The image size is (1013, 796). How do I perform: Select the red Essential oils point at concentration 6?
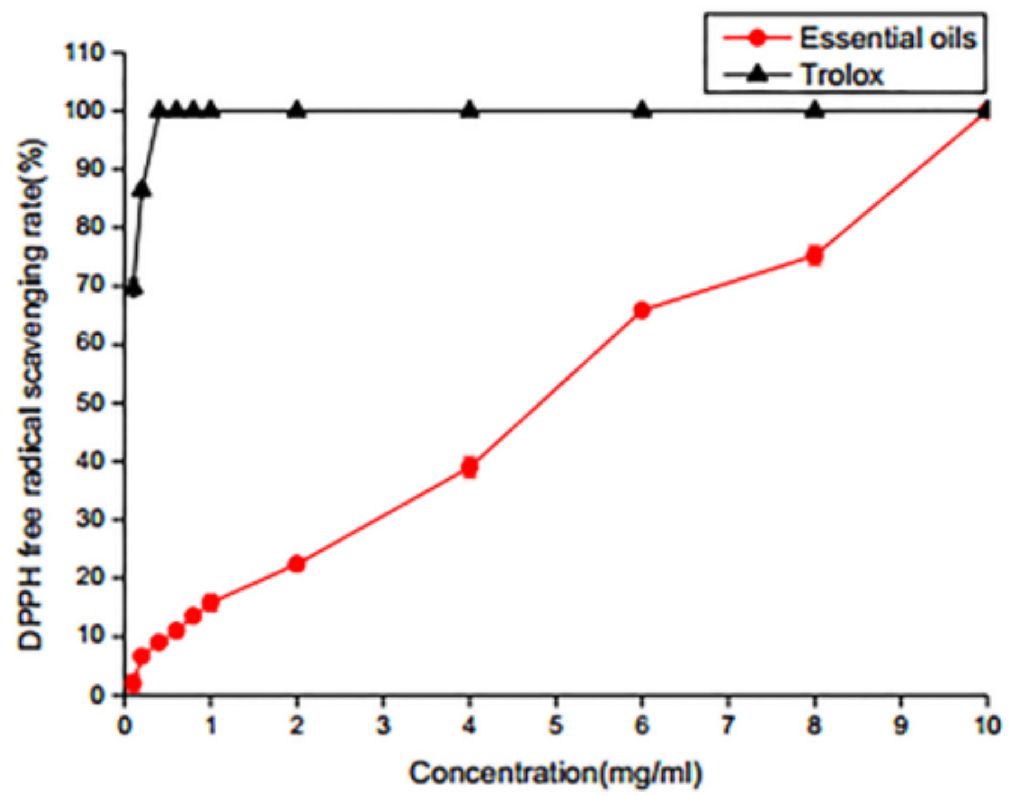tap(642, 310)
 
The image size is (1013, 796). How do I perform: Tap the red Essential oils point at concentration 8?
tap(815, 256)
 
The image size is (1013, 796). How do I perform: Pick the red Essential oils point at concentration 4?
tap(470, 466)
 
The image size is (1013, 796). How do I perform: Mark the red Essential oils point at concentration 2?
tap(297, 563)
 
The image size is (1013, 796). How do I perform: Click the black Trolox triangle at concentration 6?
tap(642, 110)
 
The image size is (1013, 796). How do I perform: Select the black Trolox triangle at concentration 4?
tap(470, 110)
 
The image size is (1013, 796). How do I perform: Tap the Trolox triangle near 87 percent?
tap(142, 189)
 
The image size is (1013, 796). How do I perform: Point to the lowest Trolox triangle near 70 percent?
tap(133, 288)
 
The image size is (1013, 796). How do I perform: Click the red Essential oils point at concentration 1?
tap(211, 603)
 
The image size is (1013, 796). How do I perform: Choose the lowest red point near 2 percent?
tap(133, 683)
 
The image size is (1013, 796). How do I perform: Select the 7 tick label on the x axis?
tap(728, 726)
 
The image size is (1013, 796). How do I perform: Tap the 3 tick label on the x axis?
tap(383, 726)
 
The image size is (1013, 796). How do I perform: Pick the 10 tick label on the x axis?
tap(986, 726)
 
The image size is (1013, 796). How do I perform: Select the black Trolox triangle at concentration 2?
tap(297, 110)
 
